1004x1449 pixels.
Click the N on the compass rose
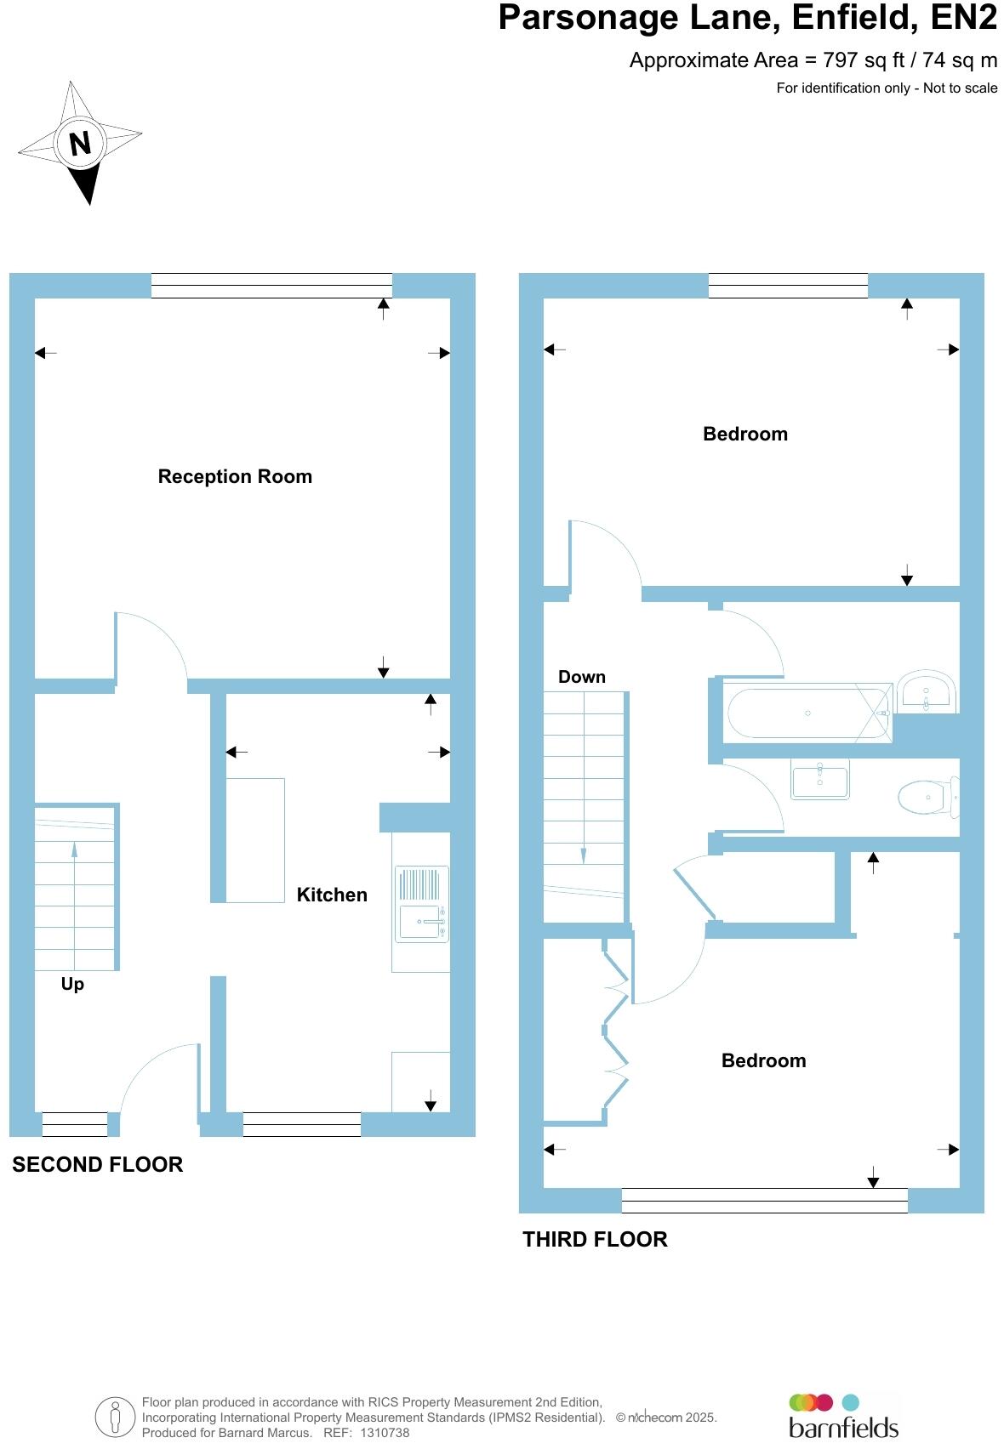pyautogui.click(x=80, y=143)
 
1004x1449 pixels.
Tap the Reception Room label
pyautogui.click(x=235, y=477)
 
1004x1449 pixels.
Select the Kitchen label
pyautogui.click(x=332, y=895)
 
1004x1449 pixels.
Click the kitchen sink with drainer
pyautogui.click(x=421, y=905)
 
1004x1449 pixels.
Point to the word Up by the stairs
pyautogui.click(x=72, y=984)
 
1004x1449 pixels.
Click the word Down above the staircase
pyautogui.click(x=582, y=677)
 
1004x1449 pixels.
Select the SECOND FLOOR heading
pyautogui.click(x=98, y=1164)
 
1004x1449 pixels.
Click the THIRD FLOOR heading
pyautogui.click(x=595, y=1239)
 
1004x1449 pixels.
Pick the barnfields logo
pyautogui.click(x=843, y=1416)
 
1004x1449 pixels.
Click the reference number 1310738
pyautogui.click(x=385, y=1433)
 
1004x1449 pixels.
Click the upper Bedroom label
pyautogui.click(x=745, y=435)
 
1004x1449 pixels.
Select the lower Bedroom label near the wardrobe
pyautogui.click(x=763, y=1060)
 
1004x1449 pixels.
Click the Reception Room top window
pyautogui.click(x=271, y=286)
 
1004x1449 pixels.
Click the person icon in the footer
pyautogui.click(x=115, y=1418)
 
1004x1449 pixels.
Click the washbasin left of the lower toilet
pyautogui.click(x=819, y=778)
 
